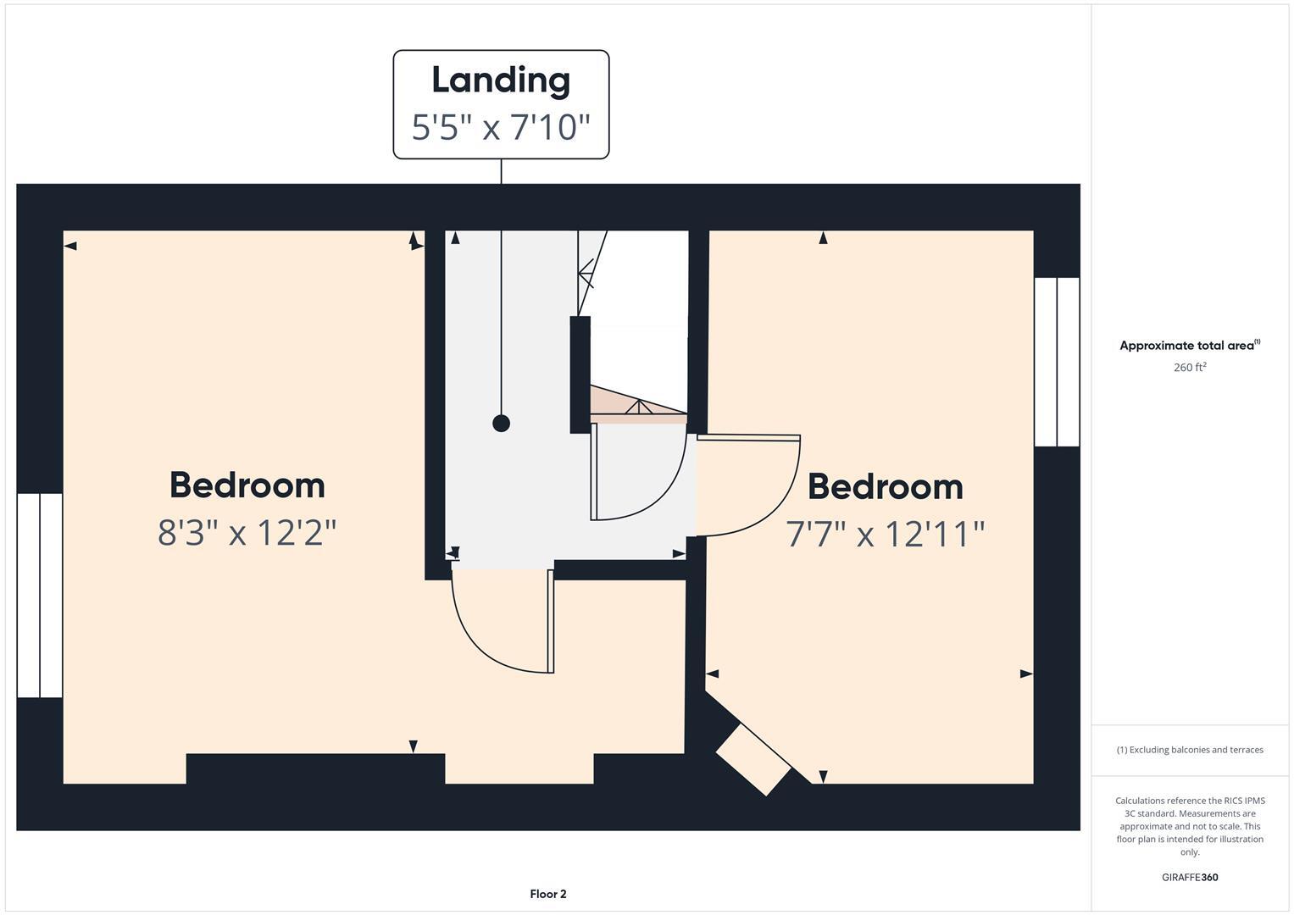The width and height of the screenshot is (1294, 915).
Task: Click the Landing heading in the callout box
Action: pos(501,80)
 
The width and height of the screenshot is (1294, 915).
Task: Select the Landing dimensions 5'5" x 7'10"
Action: pos(501,128)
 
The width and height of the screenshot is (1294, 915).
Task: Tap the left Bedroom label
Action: pos(247,485)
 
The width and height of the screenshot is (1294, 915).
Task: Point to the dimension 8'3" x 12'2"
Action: pos(247,533)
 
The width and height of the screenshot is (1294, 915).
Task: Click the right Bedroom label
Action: pos(886,487)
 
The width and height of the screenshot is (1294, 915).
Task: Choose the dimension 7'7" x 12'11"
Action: pos(886,535)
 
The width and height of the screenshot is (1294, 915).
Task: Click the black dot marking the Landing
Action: pos(502,423)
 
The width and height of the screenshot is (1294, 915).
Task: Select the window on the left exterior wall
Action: pos(40,596)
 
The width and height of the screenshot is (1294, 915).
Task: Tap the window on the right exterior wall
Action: pos(1057,362)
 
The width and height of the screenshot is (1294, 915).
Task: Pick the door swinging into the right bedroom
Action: pos(750,487)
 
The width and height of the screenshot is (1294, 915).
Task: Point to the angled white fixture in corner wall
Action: pos(754,759)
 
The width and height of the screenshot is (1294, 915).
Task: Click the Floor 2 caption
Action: pos(548,894)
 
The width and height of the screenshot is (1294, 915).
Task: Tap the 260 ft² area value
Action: pos(1190,368)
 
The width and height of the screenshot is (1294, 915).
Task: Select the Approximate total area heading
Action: pos(1190,346)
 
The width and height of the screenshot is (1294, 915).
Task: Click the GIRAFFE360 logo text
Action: pos(1190,878)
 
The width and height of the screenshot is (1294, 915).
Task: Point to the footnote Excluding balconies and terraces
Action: pos(1190,750)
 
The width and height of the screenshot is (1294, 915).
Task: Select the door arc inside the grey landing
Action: pos(640,479)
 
